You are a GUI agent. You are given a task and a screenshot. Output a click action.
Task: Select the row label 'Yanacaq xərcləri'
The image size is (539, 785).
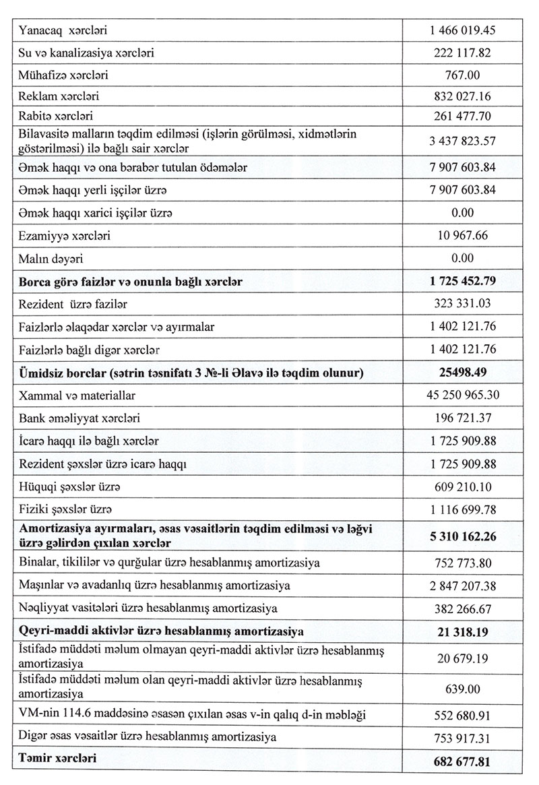67,30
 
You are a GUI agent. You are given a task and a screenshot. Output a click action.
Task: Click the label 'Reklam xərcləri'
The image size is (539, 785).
63,97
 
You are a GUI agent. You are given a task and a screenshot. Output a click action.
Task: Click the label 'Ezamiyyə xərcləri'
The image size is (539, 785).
66,237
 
